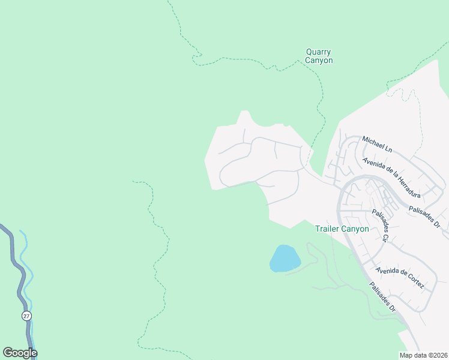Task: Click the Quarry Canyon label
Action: (x=319, y=56)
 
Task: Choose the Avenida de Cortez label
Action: (x=400, y=277)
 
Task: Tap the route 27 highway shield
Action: (x=26, y=316)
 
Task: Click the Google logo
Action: (x=20, y=353)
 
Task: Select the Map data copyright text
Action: (x=423, y=355)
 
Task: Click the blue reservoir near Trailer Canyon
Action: (x=285, y=258)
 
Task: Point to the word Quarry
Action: (x=319, y=52)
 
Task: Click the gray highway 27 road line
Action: (x=17, y=270)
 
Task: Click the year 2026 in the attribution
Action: (x=439, y=355)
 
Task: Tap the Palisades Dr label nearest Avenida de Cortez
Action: (x=382, y=297)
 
